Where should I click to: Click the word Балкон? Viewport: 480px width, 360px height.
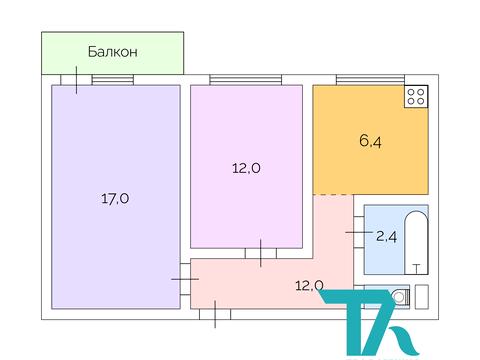pyautogui.click(x=112, y=51)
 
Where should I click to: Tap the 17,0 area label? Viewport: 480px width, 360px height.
pyautogui.click(x=115, y=198)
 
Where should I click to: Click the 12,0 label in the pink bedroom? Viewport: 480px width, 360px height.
pyautogui.click(x=246, y=168)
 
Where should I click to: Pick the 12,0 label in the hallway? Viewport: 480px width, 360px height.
pyautogui.click(x=310, y=284)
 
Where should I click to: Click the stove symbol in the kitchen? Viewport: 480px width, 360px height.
pyautogui.click(x=416, y=98)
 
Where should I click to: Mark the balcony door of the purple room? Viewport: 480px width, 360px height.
pyautogui.click(x=77, y=80)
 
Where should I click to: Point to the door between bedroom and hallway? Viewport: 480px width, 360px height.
pyautogui.click(x=260, y=252)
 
